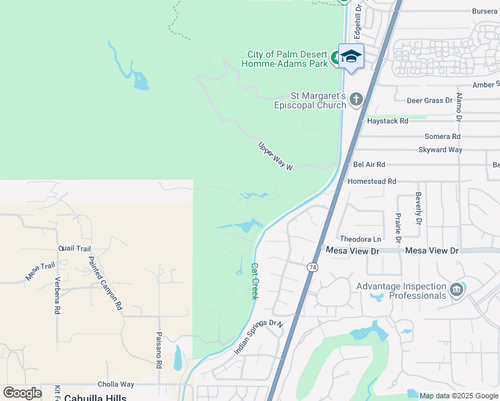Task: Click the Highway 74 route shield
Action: pos(312,267)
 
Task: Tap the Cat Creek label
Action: pos(254,281)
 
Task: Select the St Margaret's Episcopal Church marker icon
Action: pos(356,100)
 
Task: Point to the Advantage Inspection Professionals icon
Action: pos(457,290)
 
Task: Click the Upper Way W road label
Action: pos(276,156)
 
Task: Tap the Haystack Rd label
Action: pos(387,122)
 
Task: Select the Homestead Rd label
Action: pos(372,181)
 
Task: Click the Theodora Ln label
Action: pos(360,239)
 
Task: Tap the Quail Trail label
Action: pos(74,249)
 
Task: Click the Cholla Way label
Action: pos(116,384)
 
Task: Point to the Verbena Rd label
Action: pos(57,295)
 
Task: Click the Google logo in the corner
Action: pos(23,393)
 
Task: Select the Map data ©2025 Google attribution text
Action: pos(459,396)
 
